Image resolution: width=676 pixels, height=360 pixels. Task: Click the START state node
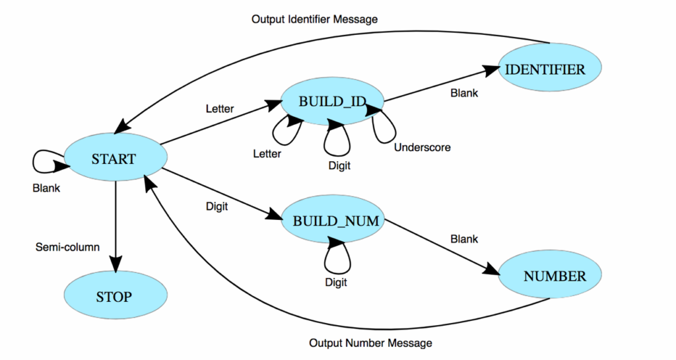coord(114,159)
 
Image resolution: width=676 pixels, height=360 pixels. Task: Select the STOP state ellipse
coord(114,297)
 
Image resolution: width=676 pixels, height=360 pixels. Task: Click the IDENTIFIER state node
coord(550,69)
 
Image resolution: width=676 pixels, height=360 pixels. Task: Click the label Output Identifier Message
coord(314,19)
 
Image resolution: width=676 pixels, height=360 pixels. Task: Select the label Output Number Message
coord(370,343)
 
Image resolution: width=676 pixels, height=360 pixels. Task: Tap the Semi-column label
coord(67,247)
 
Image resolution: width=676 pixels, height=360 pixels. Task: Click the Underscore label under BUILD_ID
coord(422,147)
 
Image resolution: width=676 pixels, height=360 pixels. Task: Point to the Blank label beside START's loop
coord(46,188)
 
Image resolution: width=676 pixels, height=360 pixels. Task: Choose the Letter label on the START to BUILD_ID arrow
coord(220,108)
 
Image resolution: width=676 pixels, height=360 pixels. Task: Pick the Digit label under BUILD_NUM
coord(336,282)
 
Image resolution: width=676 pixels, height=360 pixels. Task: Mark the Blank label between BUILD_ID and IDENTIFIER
coord(464,93)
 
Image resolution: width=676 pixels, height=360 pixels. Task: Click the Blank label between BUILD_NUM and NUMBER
coord(464,238)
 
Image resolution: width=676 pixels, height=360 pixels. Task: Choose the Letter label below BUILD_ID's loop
coord(267,154)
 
